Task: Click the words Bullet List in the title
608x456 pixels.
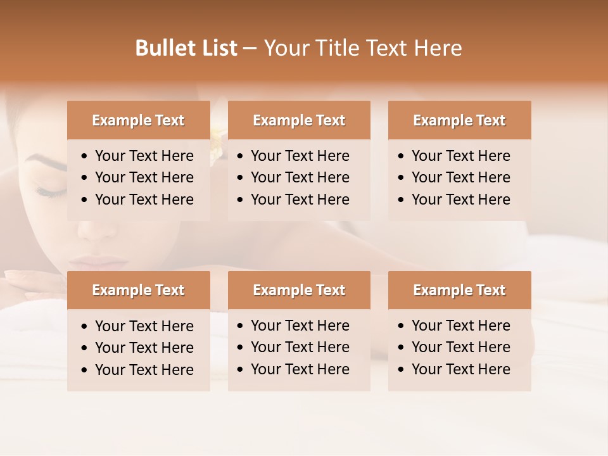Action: (186, 48)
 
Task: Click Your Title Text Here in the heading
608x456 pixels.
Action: (363, 48)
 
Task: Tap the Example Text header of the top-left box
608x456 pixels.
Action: (138, 120)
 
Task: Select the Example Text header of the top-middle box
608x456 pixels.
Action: (299, 120)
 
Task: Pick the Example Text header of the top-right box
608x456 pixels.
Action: (459, 120)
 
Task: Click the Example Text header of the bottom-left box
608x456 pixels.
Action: (138, 290)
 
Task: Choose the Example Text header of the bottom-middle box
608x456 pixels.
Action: (299, 290)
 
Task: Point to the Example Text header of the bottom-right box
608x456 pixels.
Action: (459, 290)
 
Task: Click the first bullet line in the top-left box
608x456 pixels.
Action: (144, 156)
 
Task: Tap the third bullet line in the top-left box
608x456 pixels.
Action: (144, 199)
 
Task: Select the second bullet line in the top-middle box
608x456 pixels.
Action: (300, 177)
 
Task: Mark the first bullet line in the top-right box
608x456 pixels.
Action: (460, 156)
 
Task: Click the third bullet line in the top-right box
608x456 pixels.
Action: (460, 199)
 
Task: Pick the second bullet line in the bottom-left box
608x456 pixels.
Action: (144, 348)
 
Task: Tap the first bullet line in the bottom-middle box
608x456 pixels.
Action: (300, 326)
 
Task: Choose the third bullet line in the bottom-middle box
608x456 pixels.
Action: (300, 369)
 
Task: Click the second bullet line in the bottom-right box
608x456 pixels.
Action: (460, 347)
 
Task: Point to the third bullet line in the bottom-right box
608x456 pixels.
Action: (460, 369)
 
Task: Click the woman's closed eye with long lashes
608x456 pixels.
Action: (49, 189)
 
